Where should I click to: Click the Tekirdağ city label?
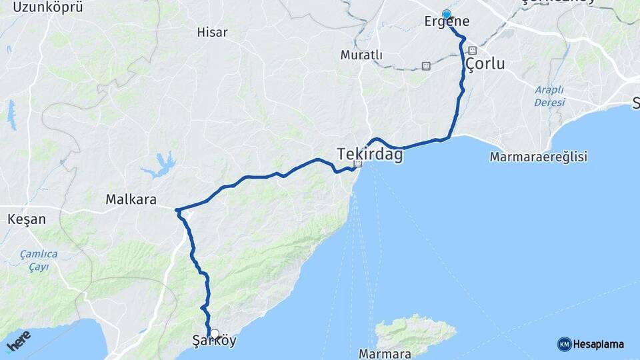point(370,154)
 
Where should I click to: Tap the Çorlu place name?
point(485,64)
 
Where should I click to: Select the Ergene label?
point(447,22)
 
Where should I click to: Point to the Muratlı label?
point(361,55)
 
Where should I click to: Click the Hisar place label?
point(212,32)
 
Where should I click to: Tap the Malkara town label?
point(131,199)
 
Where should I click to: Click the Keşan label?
point(26,219)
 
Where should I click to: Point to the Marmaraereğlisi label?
point(538,157)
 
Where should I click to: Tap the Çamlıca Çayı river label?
point(39,260)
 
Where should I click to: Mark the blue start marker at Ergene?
point(446,14)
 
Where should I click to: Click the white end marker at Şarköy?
point(214,333)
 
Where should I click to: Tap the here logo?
point(19,340)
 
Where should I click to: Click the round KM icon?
point(564,344)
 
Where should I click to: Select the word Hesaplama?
point(598,344)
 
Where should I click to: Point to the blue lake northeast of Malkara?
point(160,165)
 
